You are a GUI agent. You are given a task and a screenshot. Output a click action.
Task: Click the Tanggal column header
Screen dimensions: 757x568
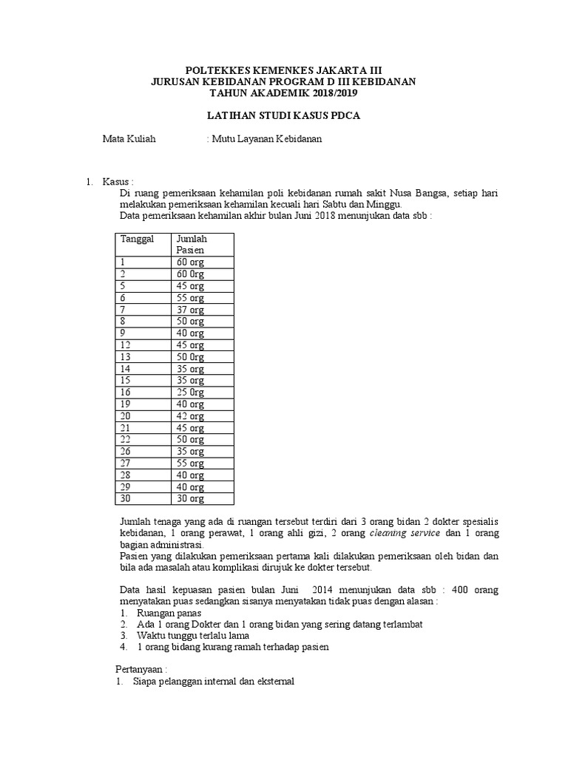coord(135,239)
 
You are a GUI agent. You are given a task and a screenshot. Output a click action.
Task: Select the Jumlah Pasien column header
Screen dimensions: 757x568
coord(191,245)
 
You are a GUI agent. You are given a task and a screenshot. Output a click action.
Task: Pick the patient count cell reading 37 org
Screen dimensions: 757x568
coord(189,310)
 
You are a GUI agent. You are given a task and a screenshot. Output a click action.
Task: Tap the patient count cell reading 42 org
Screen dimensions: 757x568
coord(189,416)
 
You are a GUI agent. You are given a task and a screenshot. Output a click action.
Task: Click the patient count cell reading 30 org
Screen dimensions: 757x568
coord(189,499)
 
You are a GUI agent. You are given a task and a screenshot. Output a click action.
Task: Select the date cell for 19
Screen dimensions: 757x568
coord(125,404)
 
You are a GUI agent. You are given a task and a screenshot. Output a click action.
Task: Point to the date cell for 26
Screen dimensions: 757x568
coord(125,452)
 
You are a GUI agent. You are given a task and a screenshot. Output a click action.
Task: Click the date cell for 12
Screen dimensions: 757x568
coord(125,345)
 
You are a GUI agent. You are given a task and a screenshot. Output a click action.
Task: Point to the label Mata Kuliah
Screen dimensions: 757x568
coord(129,138)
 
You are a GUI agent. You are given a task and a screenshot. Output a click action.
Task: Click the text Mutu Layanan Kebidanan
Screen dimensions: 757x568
coord(267,138)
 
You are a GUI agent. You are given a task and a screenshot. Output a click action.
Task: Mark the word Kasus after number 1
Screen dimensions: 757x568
coord(117,181)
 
